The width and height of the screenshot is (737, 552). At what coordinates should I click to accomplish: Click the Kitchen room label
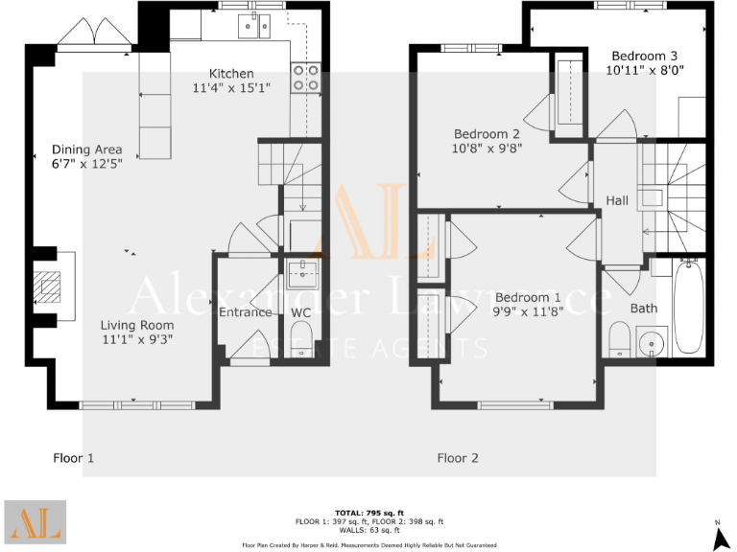231,74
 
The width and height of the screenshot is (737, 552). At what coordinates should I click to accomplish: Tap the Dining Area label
87,149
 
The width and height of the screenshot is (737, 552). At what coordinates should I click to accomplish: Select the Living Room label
137,325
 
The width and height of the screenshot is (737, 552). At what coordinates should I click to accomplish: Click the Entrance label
246,312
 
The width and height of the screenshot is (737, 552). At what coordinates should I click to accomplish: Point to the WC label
300,312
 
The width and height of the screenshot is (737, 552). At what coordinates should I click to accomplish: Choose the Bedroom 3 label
644,55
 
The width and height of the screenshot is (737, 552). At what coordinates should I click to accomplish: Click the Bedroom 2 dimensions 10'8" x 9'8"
487,149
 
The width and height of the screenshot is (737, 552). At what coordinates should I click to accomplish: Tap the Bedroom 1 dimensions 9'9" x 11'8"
527,311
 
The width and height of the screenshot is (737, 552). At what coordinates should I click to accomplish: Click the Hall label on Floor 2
617,200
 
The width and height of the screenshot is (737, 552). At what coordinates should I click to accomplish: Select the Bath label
643,308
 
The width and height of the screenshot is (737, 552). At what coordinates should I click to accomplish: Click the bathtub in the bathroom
687,305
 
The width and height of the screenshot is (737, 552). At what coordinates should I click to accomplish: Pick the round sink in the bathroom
649,340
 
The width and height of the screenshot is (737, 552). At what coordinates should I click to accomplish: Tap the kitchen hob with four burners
305,78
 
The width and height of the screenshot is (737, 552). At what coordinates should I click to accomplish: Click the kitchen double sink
256,25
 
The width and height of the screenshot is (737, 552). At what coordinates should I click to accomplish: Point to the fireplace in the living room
48,287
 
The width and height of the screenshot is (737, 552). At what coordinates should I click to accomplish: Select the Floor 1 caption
73,458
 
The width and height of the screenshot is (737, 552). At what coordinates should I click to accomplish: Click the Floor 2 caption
458,458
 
